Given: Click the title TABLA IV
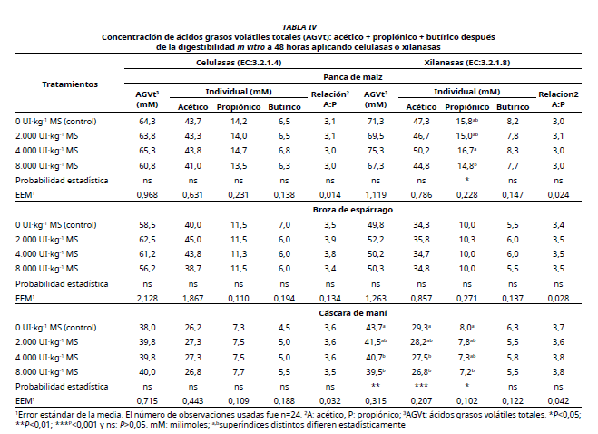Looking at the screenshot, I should [299, 27].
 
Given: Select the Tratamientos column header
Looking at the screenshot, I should [70, 84].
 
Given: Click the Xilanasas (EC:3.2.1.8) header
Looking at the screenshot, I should [466, 62].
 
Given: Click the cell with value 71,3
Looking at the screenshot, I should [374, 120].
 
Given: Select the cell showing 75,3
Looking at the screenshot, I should [374, 150].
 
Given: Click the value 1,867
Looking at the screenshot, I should [192, 297].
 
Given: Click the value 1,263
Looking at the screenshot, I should [374, 297].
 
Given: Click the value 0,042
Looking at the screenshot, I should [558, 400].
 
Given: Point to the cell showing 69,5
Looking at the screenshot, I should [374, 134].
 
